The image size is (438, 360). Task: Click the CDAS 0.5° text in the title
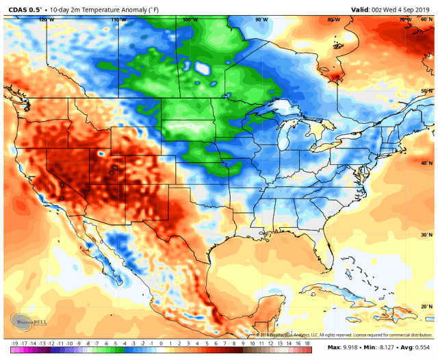coord(25,8)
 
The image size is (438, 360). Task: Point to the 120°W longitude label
coord(46,20)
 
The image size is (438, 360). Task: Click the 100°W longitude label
coord(190,20)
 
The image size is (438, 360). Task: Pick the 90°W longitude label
coord(261,20)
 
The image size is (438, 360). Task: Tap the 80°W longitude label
coord(333,20)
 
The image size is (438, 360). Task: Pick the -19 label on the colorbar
coord(14,343)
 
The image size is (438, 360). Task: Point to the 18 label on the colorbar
coord(309,343)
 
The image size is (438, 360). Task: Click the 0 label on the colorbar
coord(161,343)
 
